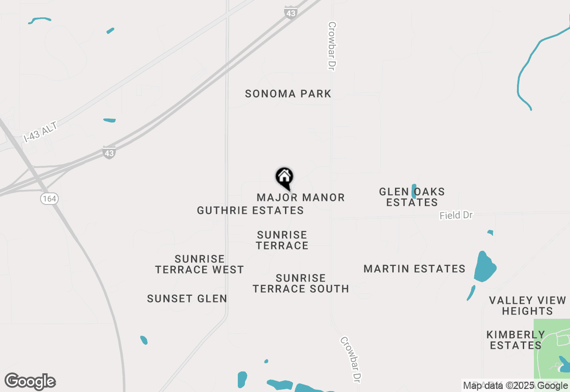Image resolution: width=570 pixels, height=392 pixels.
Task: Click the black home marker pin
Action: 284,178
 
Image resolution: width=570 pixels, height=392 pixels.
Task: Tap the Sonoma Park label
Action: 288,94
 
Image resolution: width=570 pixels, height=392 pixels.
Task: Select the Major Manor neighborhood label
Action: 301,197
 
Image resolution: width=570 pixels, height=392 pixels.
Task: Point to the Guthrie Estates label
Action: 250,210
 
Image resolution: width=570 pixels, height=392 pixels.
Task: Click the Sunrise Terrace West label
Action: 199,264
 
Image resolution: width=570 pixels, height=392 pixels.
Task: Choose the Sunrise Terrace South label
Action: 301,283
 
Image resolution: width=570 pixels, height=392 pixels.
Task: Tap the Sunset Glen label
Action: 187,298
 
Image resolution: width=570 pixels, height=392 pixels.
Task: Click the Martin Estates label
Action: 414,269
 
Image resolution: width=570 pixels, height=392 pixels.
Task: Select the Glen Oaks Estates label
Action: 411,197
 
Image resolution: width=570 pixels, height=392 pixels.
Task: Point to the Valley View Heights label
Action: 527,306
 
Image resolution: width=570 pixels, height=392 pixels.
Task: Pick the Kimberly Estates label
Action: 515,340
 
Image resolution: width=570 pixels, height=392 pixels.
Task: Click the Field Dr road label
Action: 456,216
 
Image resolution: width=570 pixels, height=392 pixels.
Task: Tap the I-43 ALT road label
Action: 41,133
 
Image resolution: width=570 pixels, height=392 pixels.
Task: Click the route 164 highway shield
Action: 49,199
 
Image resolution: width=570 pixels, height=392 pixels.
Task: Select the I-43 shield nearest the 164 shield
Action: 109,152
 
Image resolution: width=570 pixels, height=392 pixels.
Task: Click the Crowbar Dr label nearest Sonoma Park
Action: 331,46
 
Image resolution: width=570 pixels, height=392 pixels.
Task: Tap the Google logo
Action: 30,381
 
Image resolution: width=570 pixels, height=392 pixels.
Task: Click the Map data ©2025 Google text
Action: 515,385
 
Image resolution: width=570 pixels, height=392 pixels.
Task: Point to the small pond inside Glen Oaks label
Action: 414,191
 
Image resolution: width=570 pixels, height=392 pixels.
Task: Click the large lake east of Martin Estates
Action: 484,266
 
